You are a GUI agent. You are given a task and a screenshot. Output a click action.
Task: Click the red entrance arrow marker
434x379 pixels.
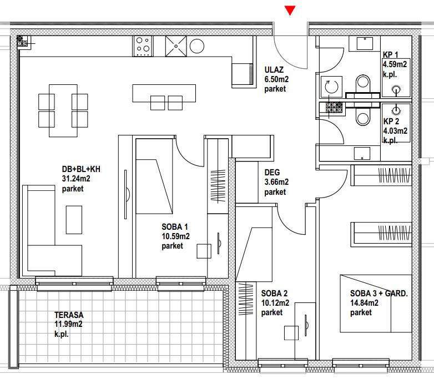290,11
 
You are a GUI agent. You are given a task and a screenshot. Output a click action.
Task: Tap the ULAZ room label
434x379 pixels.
274,70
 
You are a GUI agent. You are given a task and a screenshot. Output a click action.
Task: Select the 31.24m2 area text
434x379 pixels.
76,179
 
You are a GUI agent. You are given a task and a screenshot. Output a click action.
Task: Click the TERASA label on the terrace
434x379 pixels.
69,315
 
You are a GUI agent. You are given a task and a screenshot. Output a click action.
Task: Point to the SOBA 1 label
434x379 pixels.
175,227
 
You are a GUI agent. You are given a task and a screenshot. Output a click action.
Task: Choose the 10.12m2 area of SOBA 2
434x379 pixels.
275,303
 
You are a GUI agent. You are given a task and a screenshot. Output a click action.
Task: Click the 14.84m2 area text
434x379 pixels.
364,303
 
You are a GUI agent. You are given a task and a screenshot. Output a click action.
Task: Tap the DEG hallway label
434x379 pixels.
272,173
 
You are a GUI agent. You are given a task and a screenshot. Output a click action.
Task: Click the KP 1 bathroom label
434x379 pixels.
391,54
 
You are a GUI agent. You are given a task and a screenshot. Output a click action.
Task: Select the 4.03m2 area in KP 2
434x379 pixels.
395,130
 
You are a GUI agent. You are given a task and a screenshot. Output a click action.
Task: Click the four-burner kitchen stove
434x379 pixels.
143,46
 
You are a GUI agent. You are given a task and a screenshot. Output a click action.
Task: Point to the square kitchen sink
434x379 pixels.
176,46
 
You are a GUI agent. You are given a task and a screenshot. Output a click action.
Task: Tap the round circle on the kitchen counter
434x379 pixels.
197,46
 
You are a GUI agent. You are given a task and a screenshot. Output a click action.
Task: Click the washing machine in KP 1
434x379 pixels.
331,87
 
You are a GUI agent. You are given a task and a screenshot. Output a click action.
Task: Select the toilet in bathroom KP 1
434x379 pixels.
363,84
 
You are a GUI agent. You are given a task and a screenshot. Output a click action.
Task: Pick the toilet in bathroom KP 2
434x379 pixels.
363,117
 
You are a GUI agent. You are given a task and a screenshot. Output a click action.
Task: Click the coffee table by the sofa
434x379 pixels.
74,220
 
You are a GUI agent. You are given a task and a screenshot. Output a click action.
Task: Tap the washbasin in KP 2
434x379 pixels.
362,153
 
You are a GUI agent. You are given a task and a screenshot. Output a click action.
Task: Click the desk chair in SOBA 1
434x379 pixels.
204,251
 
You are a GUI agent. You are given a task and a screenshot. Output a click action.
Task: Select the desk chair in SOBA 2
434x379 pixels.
291,333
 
